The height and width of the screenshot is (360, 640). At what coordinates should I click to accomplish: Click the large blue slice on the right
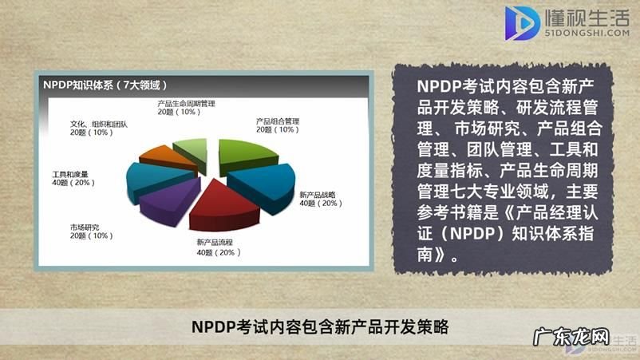tap(263, 185)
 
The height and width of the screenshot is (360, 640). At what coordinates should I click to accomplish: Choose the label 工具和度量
tap(69, 173)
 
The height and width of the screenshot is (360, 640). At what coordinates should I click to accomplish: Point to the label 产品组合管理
tap(277, 121)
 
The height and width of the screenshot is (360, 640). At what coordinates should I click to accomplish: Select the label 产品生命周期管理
tap(186, 103)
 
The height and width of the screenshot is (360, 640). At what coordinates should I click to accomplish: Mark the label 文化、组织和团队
tap(99, 124)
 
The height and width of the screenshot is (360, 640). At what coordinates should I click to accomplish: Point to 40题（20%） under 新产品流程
tap(217, 252)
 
